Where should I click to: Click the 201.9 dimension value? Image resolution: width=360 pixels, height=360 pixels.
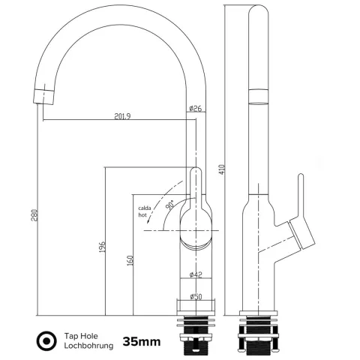coord(122,116)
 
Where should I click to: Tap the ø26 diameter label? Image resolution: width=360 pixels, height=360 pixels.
coord(196,109)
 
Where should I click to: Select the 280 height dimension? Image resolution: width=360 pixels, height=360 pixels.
coord(35,215)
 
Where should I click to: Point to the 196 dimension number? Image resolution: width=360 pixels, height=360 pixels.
coord(103,247)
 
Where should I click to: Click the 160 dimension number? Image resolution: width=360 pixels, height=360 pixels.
coord(130,260)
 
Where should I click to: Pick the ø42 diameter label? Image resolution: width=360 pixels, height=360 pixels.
coord(196,274)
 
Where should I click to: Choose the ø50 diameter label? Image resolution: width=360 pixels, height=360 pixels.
coord(196,297)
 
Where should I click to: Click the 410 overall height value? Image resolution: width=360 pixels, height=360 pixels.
coord(223,169)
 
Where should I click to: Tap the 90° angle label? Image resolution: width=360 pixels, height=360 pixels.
coord(170,205)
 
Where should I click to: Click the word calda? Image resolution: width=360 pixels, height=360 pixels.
coord(145,208)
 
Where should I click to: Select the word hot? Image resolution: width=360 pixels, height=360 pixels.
coord(142,214)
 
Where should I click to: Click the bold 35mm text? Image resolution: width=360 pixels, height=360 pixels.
coord(142,341)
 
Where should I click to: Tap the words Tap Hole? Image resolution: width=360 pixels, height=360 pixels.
coord(81,336)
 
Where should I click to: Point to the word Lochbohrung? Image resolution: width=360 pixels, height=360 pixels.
coord(88,346)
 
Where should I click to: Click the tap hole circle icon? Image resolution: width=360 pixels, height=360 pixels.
coord(46,340)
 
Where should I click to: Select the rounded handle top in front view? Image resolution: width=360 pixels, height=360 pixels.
coord(196,171)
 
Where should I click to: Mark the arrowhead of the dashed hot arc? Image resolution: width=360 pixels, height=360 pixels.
coord(148,220)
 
